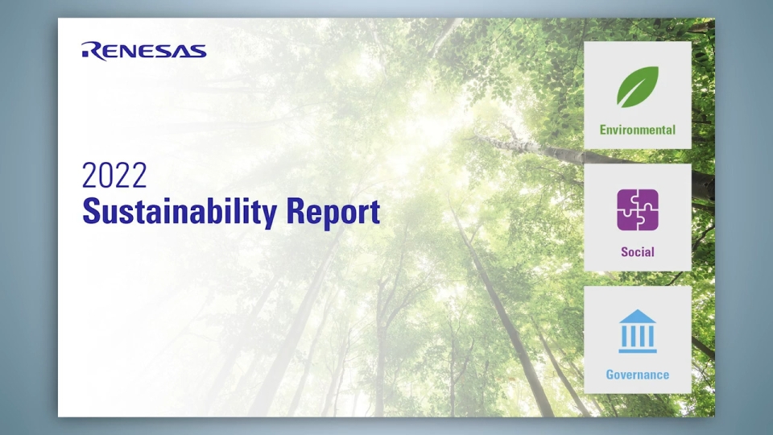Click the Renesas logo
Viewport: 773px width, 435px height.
coord(144,51)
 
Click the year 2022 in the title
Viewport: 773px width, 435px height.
coord(114,175)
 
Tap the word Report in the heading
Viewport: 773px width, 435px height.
coord(333,212)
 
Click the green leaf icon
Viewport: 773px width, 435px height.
coord(638,87)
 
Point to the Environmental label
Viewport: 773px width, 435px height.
coord(638,130)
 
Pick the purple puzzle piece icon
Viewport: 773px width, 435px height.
coord(638,209)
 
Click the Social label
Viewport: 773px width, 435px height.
coord(638,252)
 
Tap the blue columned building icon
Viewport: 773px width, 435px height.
coord(638,331)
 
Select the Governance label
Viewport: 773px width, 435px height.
coord(638,375)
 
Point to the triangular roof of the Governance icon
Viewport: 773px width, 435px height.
coord(638,316)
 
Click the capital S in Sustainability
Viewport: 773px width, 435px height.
coord(91,211)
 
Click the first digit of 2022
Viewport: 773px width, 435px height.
coord(89,175)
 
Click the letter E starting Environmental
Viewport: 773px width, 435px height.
coord(603,130)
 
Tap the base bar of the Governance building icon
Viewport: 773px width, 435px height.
coord(638,350)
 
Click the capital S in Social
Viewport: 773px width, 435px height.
coord(625,252)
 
